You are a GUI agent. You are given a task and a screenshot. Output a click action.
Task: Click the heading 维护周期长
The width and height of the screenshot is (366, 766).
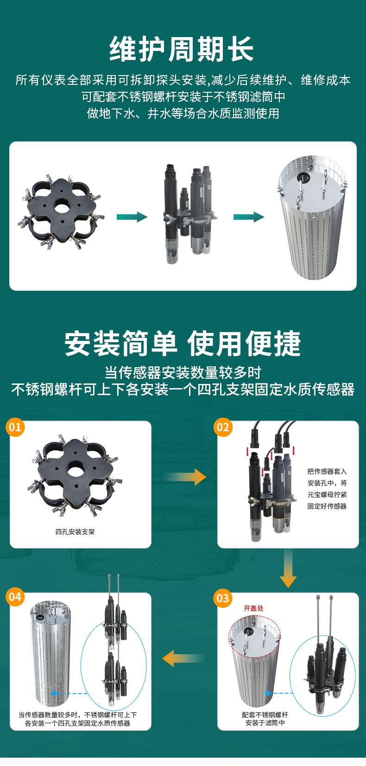tap(182, 50)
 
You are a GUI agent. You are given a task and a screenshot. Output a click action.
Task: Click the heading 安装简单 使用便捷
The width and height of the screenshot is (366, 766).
tap(183, 344)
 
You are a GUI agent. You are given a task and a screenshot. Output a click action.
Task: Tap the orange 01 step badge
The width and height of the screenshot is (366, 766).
tap(15, 427)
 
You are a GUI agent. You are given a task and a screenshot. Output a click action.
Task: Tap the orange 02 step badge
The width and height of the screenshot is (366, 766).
tap(223, 427)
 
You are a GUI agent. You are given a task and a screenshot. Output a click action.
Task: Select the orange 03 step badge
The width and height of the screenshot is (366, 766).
tap(223, 598)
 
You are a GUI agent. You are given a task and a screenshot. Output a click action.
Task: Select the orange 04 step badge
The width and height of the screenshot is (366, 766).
tap(15, 597)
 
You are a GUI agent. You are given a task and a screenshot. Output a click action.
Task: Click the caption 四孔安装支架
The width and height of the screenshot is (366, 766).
tap(75, 532)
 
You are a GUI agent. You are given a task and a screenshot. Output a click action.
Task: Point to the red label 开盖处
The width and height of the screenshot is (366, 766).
tap(253, 608)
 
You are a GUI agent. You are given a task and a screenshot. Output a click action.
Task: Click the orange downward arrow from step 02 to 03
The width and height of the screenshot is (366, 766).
tap(288, 570)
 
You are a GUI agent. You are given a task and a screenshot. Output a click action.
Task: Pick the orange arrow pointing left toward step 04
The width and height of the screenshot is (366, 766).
tap(183, 658)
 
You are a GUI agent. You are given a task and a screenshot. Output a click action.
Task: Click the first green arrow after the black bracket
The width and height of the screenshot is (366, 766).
tap(132, 217)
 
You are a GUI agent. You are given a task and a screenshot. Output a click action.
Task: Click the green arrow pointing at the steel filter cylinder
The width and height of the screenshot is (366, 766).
tap(249, 217)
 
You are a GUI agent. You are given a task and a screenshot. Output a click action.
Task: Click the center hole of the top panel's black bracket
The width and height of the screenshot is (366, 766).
tap(61, 206)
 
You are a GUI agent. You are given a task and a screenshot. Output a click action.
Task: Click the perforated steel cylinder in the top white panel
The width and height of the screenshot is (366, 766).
tap(312, 218)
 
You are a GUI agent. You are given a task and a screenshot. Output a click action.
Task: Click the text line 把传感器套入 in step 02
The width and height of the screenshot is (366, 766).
tap(327, 472)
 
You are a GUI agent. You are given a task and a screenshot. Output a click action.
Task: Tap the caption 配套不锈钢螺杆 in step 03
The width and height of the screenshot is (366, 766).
tap(265, 715)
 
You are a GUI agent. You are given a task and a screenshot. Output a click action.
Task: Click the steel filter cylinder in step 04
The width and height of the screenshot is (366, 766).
tap(50, 653)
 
